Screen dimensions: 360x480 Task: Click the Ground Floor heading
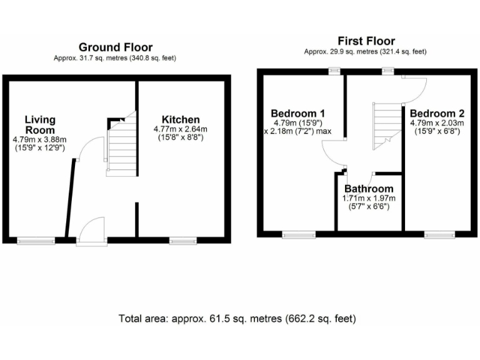116,47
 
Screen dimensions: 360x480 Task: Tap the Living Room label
40,124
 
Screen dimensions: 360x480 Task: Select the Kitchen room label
181,119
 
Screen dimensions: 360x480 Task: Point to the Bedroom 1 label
297,113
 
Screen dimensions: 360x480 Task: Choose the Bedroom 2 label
437,113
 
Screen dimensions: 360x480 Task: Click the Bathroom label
369,189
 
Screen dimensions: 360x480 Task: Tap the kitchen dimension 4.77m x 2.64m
181,129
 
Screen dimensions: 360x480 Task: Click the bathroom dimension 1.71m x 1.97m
369,198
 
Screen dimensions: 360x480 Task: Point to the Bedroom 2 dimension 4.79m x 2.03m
437,123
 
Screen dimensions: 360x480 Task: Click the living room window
35,239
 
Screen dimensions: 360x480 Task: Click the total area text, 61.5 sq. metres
237,319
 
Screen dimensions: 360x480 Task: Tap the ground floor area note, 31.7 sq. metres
116,58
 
